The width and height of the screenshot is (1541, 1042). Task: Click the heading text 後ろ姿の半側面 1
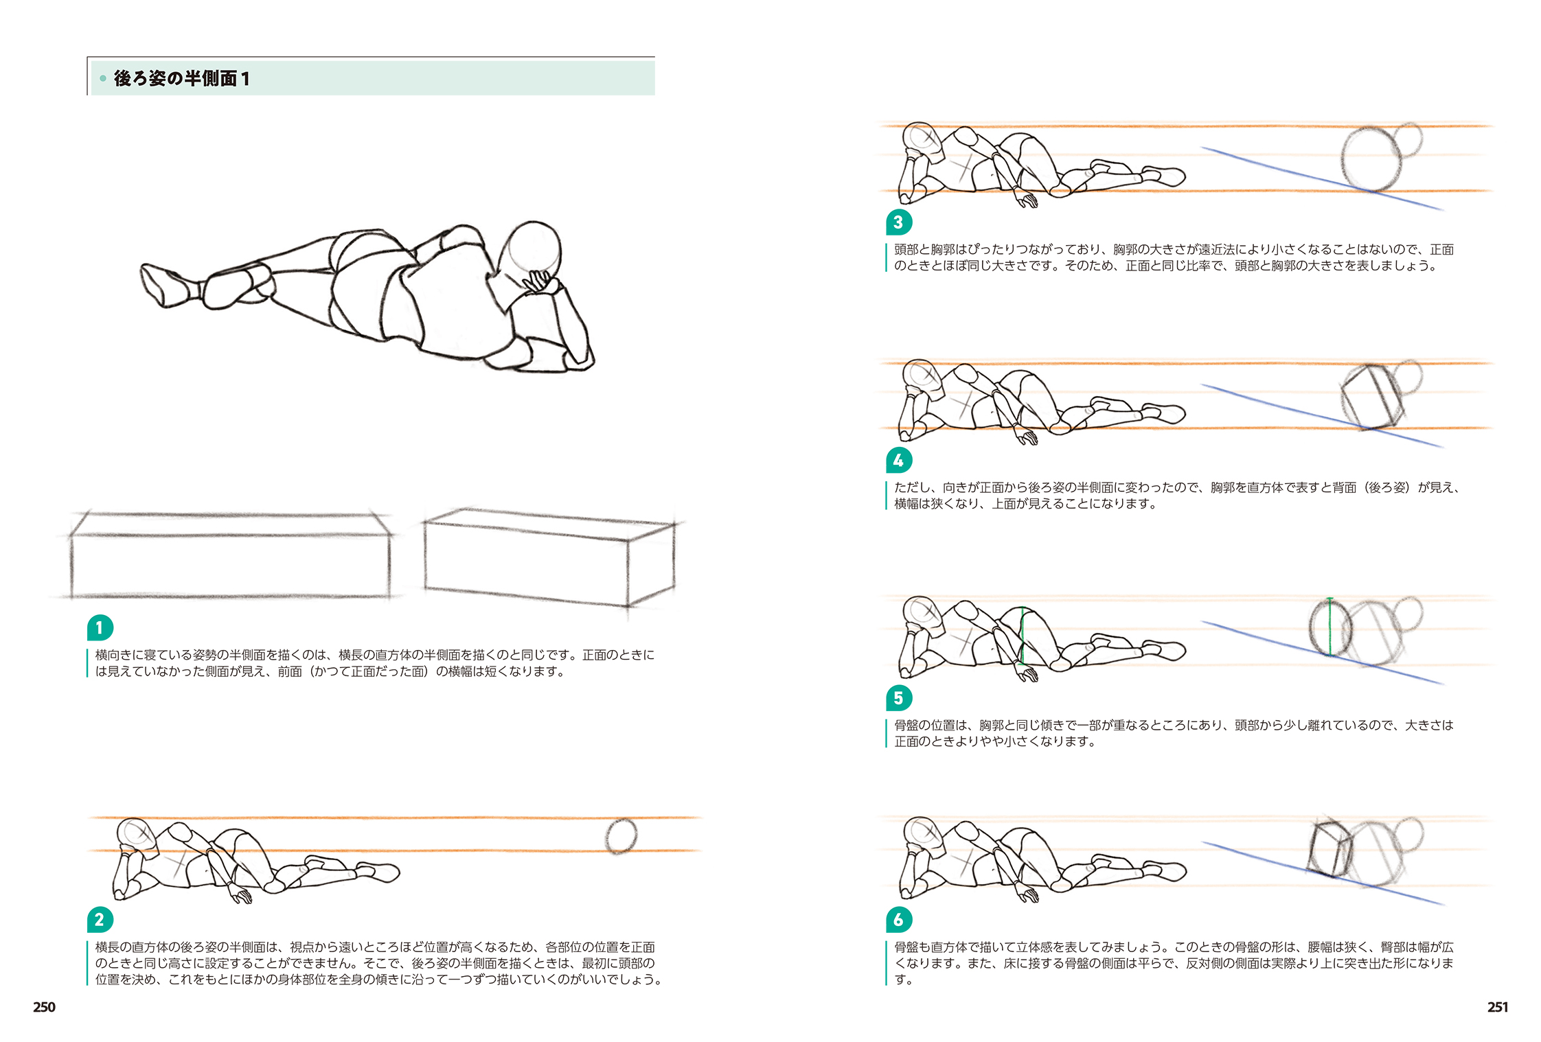pos(181,78)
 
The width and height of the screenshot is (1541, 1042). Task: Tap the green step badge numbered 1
pos(100,627)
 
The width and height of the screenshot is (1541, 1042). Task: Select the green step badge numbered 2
pos(100,919)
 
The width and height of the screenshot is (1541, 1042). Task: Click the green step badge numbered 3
pos(898,222)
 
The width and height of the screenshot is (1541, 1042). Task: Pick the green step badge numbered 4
pos(898,460)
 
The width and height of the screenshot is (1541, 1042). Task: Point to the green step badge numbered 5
pos(898,698)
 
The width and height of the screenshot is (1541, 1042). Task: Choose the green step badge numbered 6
pos(898,919)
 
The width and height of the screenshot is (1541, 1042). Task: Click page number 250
pos(44,1006)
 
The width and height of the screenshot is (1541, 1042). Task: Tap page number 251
pos(1497,1006)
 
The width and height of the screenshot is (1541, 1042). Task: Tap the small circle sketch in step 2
pos(621,836)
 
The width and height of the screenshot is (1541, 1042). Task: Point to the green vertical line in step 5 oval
pos(1330,628)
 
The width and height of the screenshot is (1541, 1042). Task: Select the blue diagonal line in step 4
pos(1319,416)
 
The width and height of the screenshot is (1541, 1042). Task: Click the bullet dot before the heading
pos(103,78)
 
